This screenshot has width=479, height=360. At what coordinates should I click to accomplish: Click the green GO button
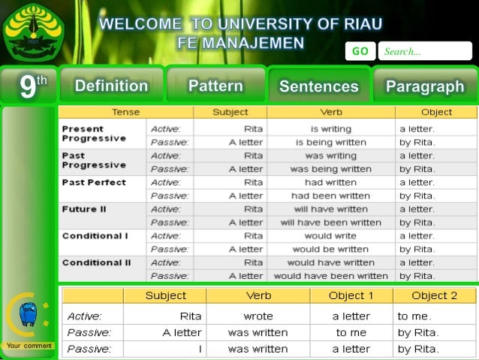pyautogui.click(x=360, y=51)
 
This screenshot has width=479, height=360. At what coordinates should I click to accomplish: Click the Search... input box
pyautogui.click(x=424, y=51)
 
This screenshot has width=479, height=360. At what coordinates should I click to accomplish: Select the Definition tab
pyautogui.click(x=111, y=86)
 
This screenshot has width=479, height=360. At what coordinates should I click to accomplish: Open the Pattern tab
pyautogui.click(x=215, y=86)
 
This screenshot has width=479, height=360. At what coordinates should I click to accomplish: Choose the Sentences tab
pyautogui.click(x=318, y=86)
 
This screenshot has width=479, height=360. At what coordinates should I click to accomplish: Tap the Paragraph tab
pyautogui.click(x=425, y=86)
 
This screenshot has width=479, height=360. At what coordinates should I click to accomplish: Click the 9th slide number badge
pyautogui.click(x=28, y=86)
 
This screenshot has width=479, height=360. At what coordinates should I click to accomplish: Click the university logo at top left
pyautogui.click(x=34, y=32)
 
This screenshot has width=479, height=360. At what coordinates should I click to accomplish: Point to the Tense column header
pyautogui.click(x=125, y=112)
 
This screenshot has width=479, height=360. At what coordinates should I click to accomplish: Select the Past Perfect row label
pyautogui.click(x=94, y=182)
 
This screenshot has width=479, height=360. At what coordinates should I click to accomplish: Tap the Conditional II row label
pyautogui.click(x=96, y=262)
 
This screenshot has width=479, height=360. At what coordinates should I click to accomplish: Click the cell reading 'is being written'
pyautogui.click(x=331, y=142)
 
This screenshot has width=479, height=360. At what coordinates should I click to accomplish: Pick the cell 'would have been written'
pyautogui.click(x=331, y=276)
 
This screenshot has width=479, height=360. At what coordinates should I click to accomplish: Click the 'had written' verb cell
pyautogui.click(x=331, y=182)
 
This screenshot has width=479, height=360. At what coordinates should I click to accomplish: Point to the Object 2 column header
pyautogui.click(x=434, y=295)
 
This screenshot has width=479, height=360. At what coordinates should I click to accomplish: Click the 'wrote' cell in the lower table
pyautogui.click(x=258, y=316)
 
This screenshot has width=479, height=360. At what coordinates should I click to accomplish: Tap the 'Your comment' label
pyautogui.click(x=29, y=346)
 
